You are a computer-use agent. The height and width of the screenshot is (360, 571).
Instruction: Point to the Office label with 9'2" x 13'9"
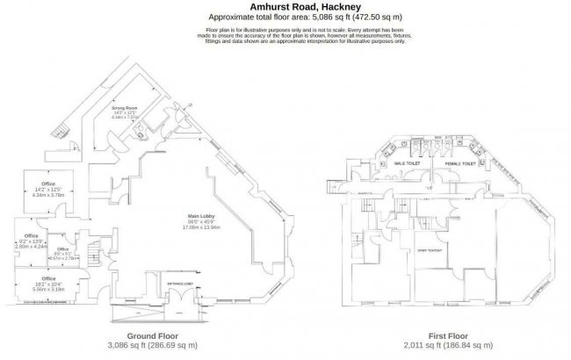(31, 236)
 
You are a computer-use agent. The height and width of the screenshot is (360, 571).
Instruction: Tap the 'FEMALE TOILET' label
(459, 163)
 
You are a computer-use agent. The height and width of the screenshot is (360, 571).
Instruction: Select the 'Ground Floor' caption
(154, 335)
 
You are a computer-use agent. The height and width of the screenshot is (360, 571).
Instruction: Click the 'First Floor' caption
(449, 335)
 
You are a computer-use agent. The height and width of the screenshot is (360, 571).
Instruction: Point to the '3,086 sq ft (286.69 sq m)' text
(154, 345)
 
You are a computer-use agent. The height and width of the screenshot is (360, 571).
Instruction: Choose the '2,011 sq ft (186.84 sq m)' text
(449, 345)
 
